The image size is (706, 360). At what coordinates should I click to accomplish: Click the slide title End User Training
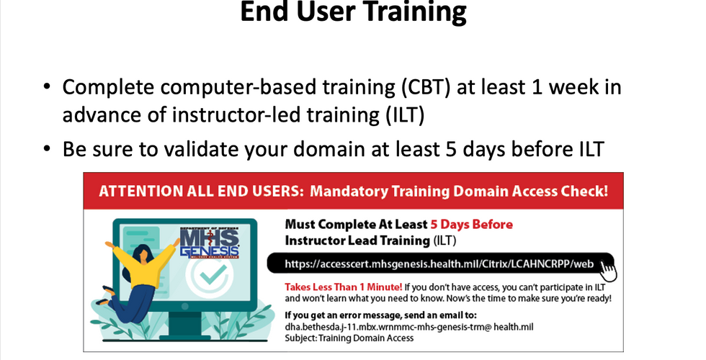click(x=354, y=12)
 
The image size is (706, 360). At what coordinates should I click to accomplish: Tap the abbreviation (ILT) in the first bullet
click(x=405, y=114)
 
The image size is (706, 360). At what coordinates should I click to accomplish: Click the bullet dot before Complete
click(x=48, y=86)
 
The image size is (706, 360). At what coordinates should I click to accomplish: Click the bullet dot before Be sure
click(x=48, y=148)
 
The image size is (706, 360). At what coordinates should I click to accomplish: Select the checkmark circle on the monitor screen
click(x=210, y=274)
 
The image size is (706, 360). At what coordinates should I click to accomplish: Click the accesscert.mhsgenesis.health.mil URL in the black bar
click(x=439, y=264)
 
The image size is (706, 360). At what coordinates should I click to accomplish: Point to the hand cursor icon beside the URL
click(x=608, y=271)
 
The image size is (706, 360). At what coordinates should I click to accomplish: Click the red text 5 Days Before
click(x=471, y=225)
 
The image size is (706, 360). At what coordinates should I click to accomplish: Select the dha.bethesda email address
click(x=409, y=327)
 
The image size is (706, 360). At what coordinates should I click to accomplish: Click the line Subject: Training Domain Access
click(x=349, y=338)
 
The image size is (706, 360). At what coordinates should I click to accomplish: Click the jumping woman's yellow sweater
click(x=143, y=264)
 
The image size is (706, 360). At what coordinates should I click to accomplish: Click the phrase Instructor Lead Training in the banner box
click(x=357, y=240)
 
